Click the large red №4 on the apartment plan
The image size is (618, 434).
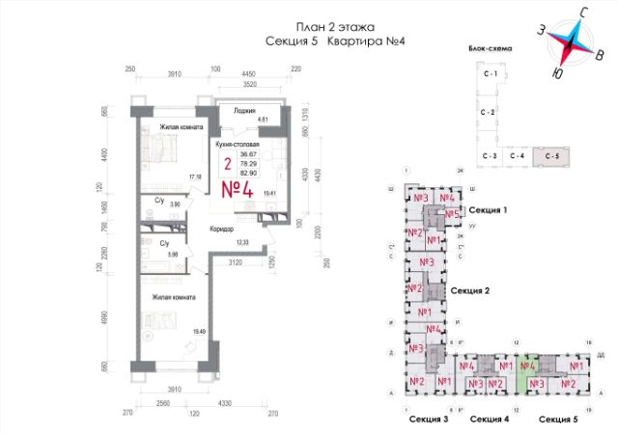[x=236, y=188]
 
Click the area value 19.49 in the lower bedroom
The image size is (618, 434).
[x=200, y=332]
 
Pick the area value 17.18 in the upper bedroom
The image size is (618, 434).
[x=194, y=176]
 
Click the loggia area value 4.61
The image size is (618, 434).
[x=262, y=120]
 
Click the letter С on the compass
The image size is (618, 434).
[x=584, y=12]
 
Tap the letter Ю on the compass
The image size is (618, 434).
[x=557, y=72]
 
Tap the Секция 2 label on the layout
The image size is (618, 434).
[x=472, y=290]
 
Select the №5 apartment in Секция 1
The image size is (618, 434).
[x=449, y=214]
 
